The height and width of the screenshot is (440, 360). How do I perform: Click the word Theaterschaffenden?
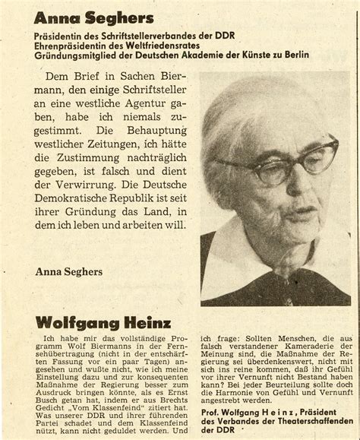(298, 422)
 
